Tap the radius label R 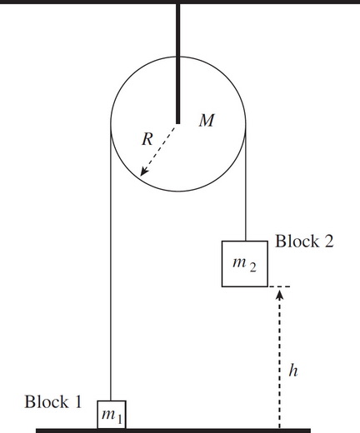click(x=147, y=139)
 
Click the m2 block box click(x=245, y=263)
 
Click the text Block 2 click(x=304, y=241)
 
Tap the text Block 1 click(x=53, y=402)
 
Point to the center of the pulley click(x=178, y=122)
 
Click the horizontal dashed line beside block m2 click(x=278, y=286)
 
